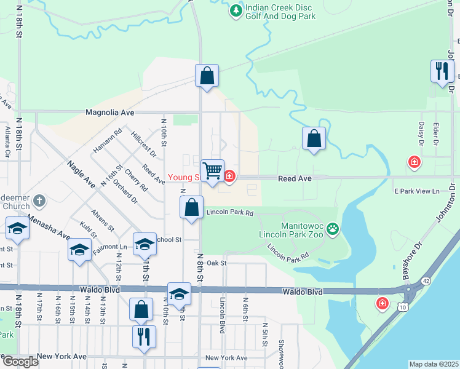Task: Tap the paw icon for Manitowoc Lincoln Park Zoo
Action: point(333,229)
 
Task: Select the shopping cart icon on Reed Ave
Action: point(213,170)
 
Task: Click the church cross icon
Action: point(39,200)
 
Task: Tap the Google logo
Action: point(20,362)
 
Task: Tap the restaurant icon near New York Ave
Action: point(145,336)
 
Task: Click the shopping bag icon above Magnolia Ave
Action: point(207,76)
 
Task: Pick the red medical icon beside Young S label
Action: point(229,177)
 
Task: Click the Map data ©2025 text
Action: point(434,364)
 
